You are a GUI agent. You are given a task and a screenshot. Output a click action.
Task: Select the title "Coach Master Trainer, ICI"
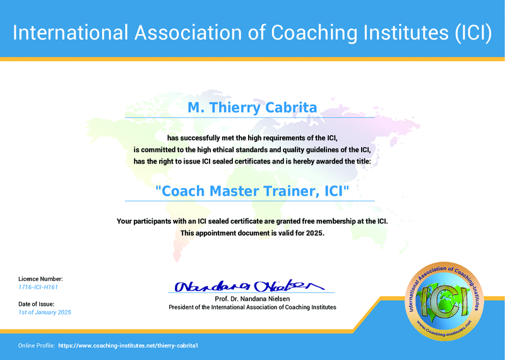(x=252, y=190)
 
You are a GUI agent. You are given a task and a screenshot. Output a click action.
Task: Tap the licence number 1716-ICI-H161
(x=39, y=287)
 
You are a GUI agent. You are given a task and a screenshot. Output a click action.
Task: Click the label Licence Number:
(x=40, y=279)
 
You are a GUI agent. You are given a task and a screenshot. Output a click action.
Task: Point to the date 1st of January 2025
(x=45, y=313)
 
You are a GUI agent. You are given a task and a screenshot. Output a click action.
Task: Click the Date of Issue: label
(x=37, y=304)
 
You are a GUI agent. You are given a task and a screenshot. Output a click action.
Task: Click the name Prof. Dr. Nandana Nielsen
(x=252, y=299)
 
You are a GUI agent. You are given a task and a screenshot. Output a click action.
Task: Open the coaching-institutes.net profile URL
(x=128, y=346)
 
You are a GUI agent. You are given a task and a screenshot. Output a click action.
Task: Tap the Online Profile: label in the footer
(x=37, y=346)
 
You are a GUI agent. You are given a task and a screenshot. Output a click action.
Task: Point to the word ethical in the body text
(x=234, y=150)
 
